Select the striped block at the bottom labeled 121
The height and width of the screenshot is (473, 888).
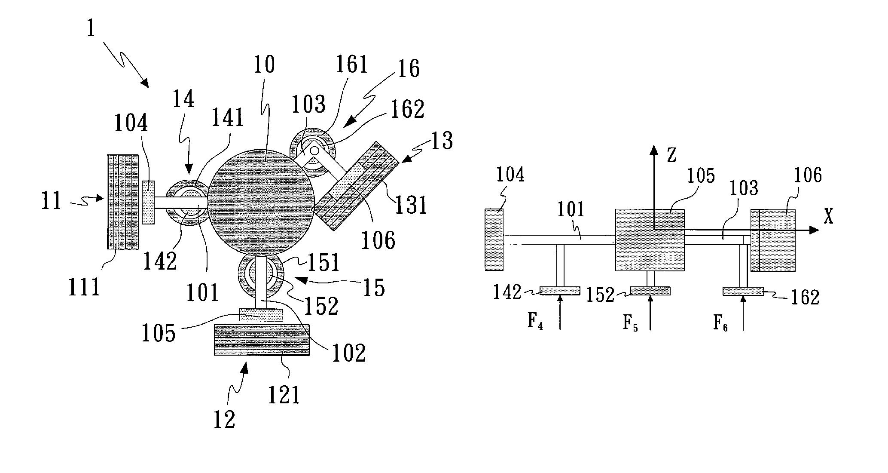[262, 340]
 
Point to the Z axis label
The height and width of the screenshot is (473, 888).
[671, 156]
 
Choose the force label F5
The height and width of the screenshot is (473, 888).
[630, 323]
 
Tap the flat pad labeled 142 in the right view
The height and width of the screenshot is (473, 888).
[560, 291]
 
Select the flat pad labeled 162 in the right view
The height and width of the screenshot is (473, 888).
[743, 292]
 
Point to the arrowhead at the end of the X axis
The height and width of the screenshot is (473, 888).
[813, 230]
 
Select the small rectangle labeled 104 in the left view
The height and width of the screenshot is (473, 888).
[148, 202]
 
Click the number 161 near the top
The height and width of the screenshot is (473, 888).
[352, 65]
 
